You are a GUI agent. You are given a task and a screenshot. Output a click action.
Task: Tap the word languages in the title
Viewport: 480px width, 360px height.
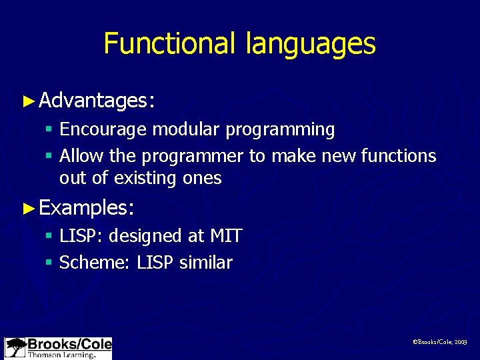point(311,44)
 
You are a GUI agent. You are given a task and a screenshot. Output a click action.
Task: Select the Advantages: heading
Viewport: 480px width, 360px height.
point(97,101)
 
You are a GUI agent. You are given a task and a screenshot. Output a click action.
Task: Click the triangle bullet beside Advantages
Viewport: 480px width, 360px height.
point(28,101)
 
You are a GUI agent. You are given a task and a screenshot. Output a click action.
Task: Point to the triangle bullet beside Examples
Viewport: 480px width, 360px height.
point(28,208)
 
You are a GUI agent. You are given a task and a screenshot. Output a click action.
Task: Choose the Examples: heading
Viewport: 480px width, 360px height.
point(87,208)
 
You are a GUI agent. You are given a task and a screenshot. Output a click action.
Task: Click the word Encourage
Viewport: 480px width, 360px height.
point(103,129)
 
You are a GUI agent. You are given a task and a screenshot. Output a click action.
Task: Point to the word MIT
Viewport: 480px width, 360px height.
point(225,236)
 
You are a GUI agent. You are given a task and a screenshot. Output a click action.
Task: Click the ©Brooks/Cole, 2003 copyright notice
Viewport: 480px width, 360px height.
point(440,341)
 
